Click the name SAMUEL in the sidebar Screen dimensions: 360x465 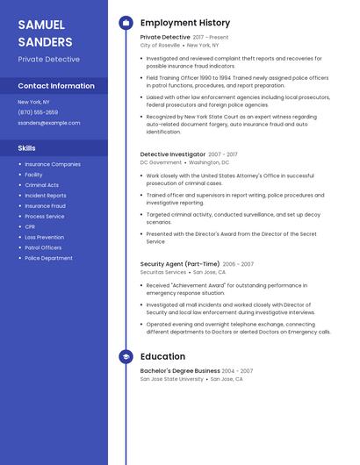[x=41, y=24]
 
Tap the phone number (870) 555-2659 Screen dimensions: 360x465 [x=38, y=112]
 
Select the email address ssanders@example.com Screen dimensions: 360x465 [x=48, y=123]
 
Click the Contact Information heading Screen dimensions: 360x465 [x=56, y=86]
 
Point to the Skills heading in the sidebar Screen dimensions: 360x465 [x=27, y=147]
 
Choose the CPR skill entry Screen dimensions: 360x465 [x=31, y=226]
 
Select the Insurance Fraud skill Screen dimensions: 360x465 [x=45, y=205]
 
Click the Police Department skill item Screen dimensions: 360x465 [x=48, y=258]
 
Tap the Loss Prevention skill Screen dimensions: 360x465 [x=44, y=237]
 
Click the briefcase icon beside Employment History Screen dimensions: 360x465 [x=126, y=23]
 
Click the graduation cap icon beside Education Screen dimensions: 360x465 [x=126, y=357]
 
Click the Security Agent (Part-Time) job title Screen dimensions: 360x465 [x=180, y=263]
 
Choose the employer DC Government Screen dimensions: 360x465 [x=161, y=162]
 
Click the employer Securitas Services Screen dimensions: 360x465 [x=163, y=272]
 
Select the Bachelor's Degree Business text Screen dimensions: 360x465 [x=180, y=370]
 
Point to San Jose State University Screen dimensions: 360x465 [x=171, y=379]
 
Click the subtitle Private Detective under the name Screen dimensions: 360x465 [x=48, y=60]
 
